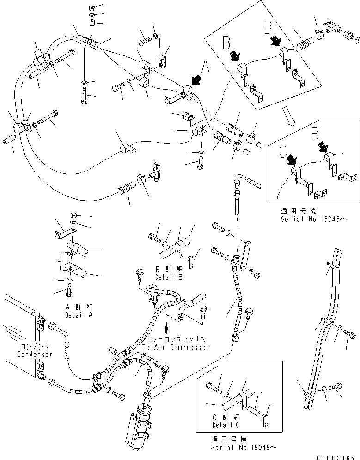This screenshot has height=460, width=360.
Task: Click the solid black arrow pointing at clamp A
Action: (x=195, y=79)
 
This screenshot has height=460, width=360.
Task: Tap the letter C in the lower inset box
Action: (x=282, y=151)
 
